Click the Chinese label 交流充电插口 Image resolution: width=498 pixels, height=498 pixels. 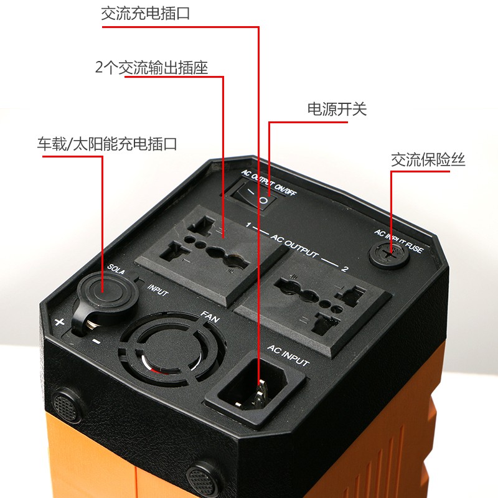tap(146, 14)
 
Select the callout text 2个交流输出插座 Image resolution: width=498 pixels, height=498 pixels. tap(151, 67)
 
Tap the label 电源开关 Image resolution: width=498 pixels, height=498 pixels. tap(337, 110)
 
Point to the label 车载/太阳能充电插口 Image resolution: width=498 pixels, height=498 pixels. tap(107, 144)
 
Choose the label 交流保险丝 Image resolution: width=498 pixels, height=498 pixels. tap(428, 159)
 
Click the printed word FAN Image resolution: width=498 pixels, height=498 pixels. tap(210, 317)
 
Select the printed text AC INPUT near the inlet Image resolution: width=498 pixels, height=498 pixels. tap(288, 355)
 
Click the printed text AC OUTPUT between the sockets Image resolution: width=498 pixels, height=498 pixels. tap(294, 245)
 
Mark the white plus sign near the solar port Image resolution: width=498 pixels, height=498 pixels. tap(59, 322)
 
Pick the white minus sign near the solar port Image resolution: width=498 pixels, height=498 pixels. tap(96, 342)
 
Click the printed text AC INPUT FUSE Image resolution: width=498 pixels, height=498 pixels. tap(398, 241)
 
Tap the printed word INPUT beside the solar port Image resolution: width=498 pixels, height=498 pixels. tap(158, 290)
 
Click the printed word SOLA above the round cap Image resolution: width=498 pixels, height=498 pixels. tap(116, 269)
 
